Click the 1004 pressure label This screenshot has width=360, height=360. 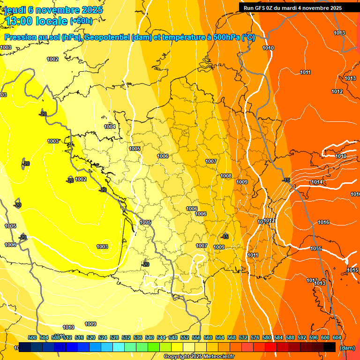tap(110, 127)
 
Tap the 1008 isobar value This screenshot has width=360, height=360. tap(226, 176)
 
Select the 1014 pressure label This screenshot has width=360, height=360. tap(317, 182)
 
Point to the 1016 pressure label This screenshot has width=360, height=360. tap(323, 222)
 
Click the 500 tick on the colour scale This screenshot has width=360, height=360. tap(32, 337)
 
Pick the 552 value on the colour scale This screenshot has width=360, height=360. tap(185, 337)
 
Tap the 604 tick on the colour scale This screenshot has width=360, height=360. tap(337, 337)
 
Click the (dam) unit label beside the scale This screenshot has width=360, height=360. tap(347, 347)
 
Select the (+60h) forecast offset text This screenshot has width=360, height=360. tap(81, 21)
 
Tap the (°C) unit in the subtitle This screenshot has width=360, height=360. tap(248, 37)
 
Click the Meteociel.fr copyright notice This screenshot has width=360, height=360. tap(199, 357)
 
